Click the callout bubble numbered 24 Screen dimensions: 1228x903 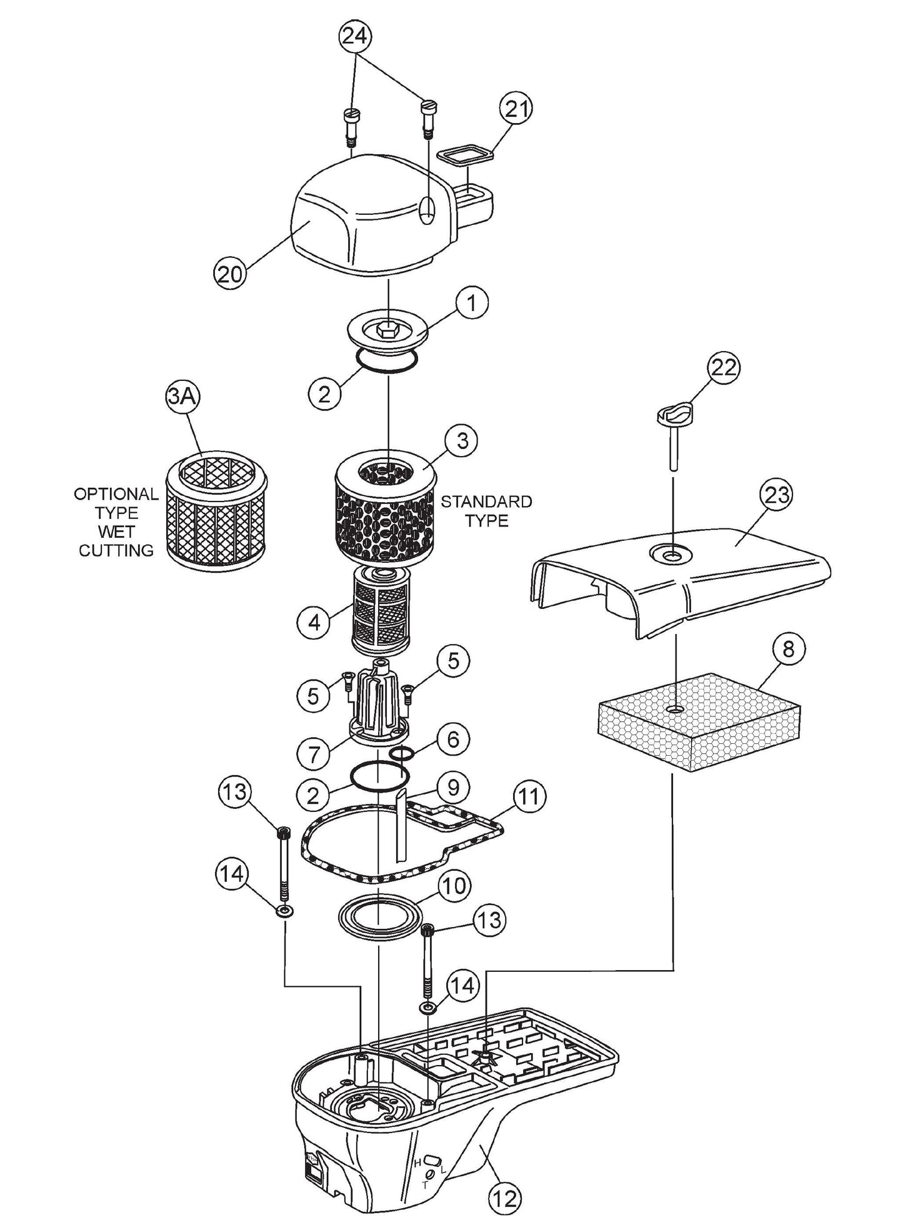click(355, 36)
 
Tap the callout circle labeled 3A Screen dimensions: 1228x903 click(181, 397)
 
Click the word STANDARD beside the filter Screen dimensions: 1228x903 click(486, 502)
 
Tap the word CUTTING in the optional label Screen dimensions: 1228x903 click(116, 550)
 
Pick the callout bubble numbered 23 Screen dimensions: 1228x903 click(776, 495)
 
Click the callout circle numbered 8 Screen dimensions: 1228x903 click(788, 649)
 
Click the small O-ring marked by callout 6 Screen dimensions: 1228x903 click(402, 754)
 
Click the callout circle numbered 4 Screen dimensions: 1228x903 click(315, 621)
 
